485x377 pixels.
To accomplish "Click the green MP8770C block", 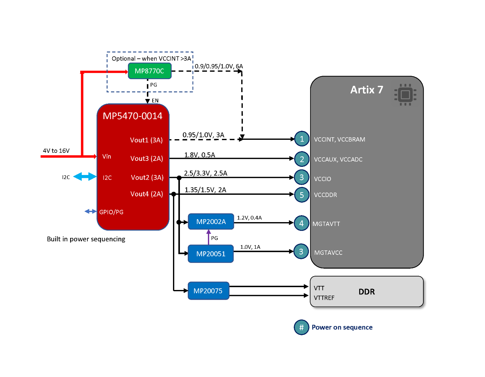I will click(x=149, y=71).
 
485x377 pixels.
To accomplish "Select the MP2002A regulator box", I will click(x=211, y=222).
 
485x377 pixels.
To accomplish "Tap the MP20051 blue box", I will click(x=211, y=254).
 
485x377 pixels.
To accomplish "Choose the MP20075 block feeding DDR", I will click(x=208, y=291).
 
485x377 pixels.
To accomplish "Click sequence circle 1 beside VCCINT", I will click(x=302, y=139).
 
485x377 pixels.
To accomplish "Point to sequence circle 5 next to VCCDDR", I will click(x=302, y=195).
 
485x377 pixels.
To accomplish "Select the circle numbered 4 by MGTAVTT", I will click(x=301, y=223).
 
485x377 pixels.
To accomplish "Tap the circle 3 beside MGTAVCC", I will click(x=301, y=252).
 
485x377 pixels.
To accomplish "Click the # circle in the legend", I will click(x=301, y=327).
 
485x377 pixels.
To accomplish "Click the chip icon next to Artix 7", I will click(x=405, y=95).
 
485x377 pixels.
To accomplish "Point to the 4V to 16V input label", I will click(x=56, y=151).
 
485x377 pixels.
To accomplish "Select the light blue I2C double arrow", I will click(x=85, y=177).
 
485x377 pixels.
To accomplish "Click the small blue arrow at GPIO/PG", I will click(x=90, y=211).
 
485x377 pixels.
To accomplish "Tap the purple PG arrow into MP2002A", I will click(x=209, y=237).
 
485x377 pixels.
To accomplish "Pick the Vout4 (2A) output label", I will click(x=147, y=194).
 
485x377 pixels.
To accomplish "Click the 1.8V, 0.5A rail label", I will click(x=199, y=155).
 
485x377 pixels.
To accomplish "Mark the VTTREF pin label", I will click(x=324, y=298).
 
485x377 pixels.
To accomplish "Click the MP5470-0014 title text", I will click(x=132, y=116).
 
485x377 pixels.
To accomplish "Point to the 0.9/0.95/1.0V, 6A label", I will click(x=219, y=66).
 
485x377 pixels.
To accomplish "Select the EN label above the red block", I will click(x=155, y=101).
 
